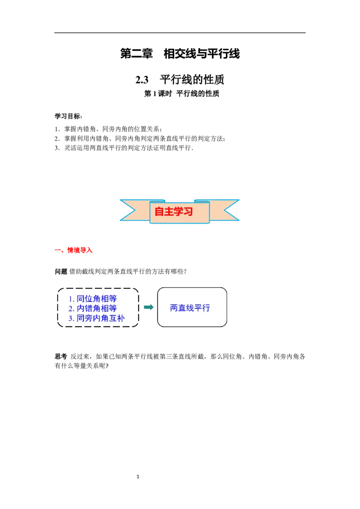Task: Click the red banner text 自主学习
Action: (174, 211)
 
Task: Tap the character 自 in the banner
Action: (159, 211)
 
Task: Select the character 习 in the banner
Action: (188, 211)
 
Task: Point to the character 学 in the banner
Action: (179, 211)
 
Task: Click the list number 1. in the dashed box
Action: (71, 299)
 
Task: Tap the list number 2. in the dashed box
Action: (71, 309)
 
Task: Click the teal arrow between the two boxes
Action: (148, 307)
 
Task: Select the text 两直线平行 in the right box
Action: (190, 308)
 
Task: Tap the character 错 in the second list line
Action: (89, 308)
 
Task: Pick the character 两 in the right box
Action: (174, 308)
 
